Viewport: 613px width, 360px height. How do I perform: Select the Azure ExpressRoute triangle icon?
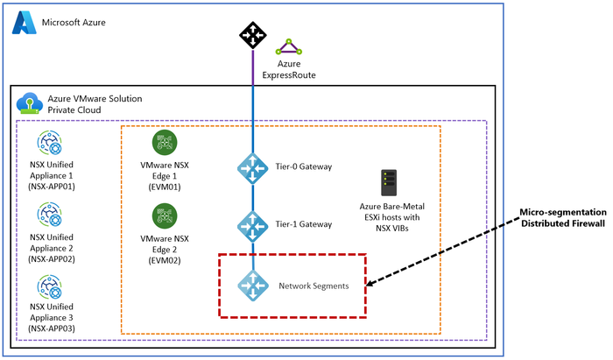tap(286, 47)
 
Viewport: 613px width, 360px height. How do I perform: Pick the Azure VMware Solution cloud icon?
tap(29, 104)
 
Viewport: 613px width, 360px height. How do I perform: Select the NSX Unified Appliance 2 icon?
tap(49, 214)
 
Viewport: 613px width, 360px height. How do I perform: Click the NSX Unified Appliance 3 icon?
tap(49, 286)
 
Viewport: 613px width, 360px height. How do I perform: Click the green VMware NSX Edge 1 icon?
tap(165, 142)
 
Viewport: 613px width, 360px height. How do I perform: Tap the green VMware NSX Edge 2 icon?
tap(165, 214)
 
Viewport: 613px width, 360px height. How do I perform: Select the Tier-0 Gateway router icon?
tap(253, 167)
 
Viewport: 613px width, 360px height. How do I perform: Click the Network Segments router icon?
tap(253, 286)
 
